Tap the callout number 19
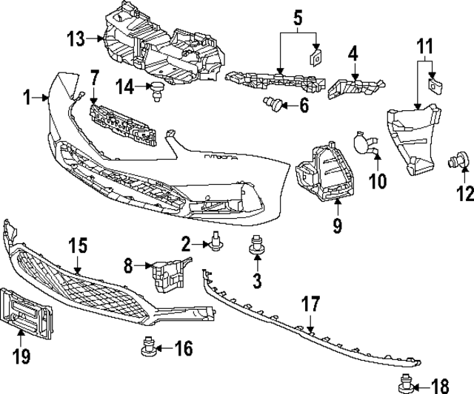point(21,357)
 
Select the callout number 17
point(310,303)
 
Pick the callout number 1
point(27,97)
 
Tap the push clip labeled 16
point(147,344)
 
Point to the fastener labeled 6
point(276,106)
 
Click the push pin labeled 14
point(157,92)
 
